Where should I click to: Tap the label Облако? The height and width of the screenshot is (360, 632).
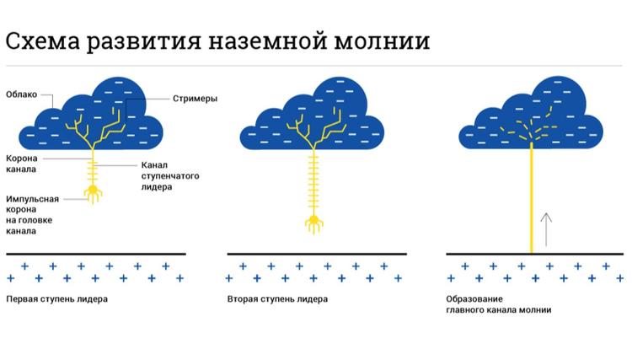tap(21, 94)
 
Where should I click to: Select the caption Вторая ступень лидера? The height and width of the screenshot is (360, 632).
tap(277, 299)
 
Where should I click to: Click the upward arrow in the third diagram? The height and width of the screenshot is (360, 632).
tap(546, 229)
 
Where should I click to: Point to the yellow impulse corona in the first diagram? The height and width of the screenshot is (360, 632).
tap(92, 195)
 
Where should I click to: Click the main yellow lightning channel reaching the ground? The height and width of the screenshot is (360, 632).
tap(533, 202)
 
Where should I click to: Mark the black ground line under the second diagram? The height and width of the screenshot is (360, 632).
tap(317, 253)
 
